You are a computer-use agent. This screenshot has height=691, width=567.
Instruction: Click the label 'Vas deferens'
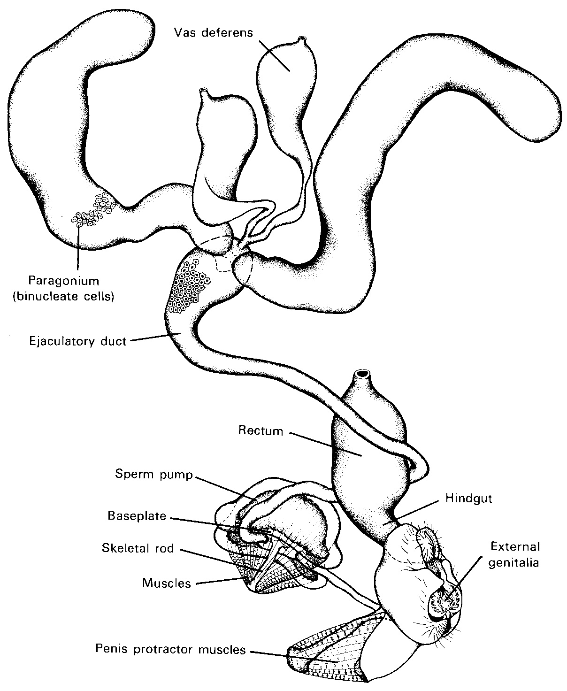[213, 32]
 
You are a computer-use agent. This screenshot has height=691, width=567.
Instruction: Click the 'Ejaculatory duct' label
[77, 341]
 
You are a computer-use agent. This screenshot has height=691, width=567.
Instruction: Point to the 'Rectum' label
[261, 430]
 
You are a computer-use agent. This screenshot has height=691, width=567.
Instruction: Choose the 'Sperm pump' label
[154, 474]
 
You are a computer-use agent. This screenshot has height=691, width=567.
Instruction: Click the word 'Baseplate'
[137, 516]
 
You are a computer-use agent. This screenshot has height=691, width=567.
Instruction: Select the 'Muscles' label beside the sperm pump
[167, 583]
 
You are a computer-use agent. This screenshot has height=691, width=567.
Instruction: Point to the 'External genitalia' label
[514, 554]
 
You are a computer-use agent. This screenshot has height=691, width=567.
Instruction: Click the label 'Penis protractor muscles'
[170, 649]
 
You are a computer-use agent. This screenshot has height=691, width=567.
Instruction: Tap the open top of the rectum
[362, 374]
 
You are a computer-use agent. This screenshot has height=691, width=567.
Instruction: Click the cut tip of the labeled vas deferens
[302, 39]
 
